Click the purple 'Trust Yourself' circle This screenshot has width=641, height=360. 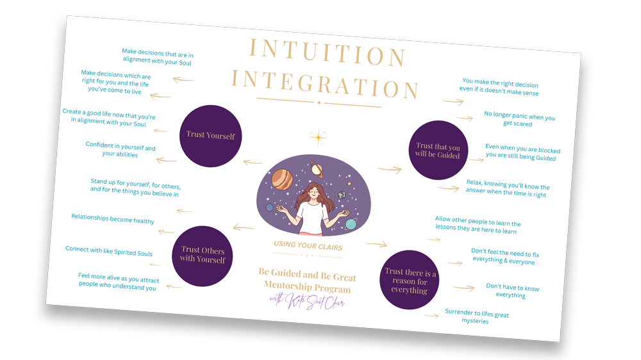tap(210, 135)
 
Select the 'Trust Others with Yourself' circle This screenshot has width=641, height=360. tap(203, 255)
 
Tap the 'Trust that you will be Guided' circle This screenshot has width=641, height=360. tap(438, 151)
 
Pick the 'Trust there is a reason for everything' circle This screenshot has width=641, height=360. tap(410, 281)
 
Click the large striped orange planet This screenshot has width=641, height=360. tap(282, 180)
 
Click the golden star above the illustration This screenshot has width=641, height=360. tap(318, 137)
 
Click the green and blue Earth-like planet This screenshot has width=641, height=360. tap(342, 195)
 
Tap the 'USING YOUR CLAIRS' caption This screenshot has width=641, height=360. tap(308, 245)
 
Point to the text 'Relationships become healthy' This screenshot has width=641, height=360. tap(113, 219)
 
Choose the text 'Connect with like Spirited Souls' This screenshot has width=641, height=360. tap(109, 251)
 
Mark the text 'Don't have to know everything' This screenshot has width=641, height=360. tap(512, 291)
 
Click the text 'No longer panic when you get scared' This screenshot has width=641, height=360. tap(519, 120)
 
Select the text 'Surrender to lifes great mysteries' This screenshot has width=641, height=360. tap(476, 316)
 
